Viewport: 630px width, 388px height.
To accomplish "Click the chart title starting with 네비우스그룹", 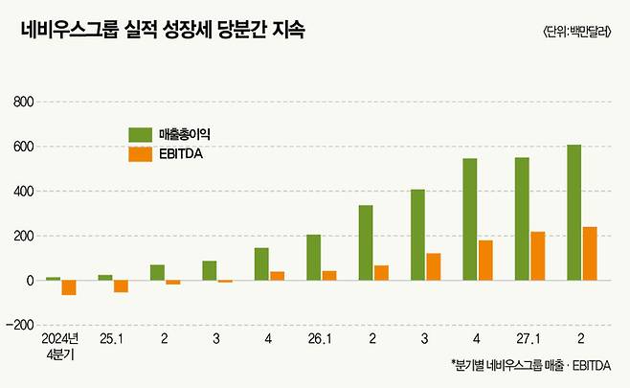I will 163,31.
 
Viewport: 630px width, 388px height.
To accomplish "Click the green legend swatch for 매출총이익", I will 141,133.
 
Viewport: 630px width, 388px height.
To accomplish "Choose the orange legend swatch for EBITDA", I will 141,153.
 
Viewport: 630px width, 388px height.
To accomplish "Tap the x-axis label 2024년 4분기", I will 60,346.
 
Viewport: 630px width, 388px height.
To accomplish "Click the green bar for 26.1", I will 313,257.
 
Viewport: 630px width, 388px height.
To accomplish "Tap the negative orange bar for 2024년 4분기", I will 69,287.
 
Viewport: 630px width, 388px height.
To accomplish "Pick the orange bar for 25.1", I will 121,285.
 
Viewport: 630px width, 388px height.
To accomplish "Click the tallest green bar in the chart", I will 574,213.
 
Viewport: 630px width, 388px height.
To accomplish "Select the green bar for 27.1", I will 522,218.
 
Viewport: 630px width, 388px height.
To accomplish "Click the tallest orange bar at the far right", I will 590,254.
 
